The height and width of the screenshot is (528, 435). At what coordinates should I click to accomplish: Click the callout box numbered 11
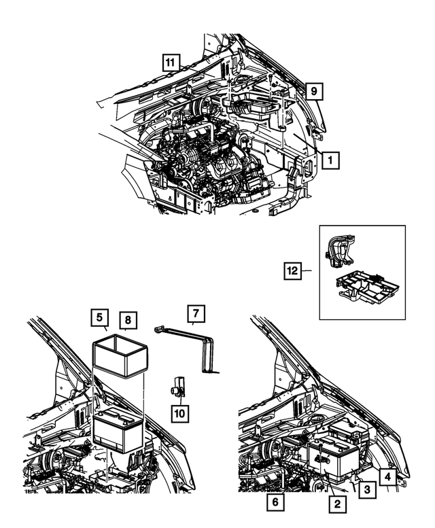point(171,63)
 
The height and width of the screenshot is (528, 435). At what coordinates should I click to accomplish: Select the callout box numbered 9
point(313,90)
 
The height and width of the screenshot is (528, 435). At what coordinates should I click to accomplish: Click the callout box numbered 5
point(99,317)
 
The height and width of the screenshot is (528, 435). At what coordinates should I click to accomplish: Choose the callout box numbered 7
point(196,314)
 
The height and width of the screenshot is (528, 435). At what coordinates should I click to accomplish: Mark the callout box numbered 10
point(180,412)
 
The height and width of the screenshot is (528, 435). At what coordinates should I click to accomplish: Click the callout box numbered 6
point(276,503)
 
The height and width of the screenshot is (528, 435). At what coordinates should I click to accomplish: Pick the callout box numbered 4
point(387,476)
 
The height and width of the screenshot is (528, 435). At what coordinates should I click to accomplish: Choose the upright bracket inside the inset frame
point(340,253)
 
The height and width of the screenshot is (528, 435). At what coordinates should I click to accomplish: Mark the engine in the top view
point(204,160)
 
